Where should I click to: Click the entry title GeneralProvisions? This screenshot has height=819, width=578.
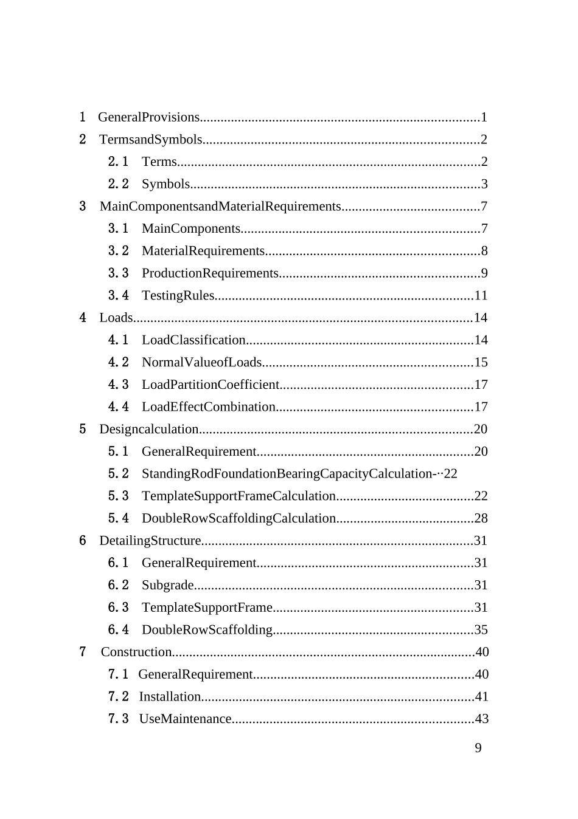(x=148, y=117)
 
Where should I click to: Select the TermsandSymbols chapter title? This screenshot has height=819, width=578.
(x=150, y=140)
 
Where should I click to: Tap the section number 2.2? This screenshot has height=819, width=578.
(x=118, y=184)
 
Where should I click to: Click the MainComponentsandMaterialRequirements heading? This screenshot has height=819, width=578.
(x=220, y=207)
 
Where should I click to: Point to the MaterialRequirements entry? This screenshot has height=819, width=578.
(x=203, y=251)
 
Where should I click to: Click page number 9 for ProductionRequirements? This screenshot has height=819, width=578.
(x=484, y=273)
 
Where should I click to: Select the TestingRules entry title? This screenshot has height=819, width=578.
(x=178, y=296)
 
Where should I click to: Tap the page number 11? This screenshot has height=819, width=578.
(x=481, y=296)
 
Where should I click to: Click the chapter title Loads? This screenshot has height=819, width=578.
(x=116, y=318)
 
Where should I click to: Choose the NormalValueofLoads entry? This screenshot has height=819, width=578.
(x=201, y=363)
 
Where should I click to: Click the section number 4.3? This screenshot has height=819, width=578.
(x=118, y=385)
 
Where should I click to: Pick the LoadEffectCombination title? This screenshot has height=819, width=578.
(x=208, y=407)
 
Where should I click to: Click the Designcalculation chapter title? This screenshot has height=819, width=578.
(x=148, y=430)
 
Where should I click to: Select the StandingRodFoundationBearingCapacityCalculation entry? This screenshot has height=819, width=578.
(x=287, y=474)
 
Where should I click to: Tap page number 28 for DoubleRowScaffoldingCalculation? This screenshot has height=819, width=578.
(x=481, y=518)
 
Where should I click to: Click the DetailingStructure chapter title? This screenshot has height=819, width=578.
(x=150, y=541)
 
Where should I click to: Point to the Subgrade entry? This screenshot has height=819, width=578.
(x=167, y=585)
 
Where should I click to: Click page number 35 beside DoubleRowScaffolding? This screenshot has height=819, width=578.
(x=481, y=630)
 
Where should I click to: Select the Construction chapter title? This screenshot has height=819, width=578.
(x=136, y=652)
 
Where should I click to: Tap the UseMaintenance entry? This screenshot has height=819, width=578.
(x=185, y=719)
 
